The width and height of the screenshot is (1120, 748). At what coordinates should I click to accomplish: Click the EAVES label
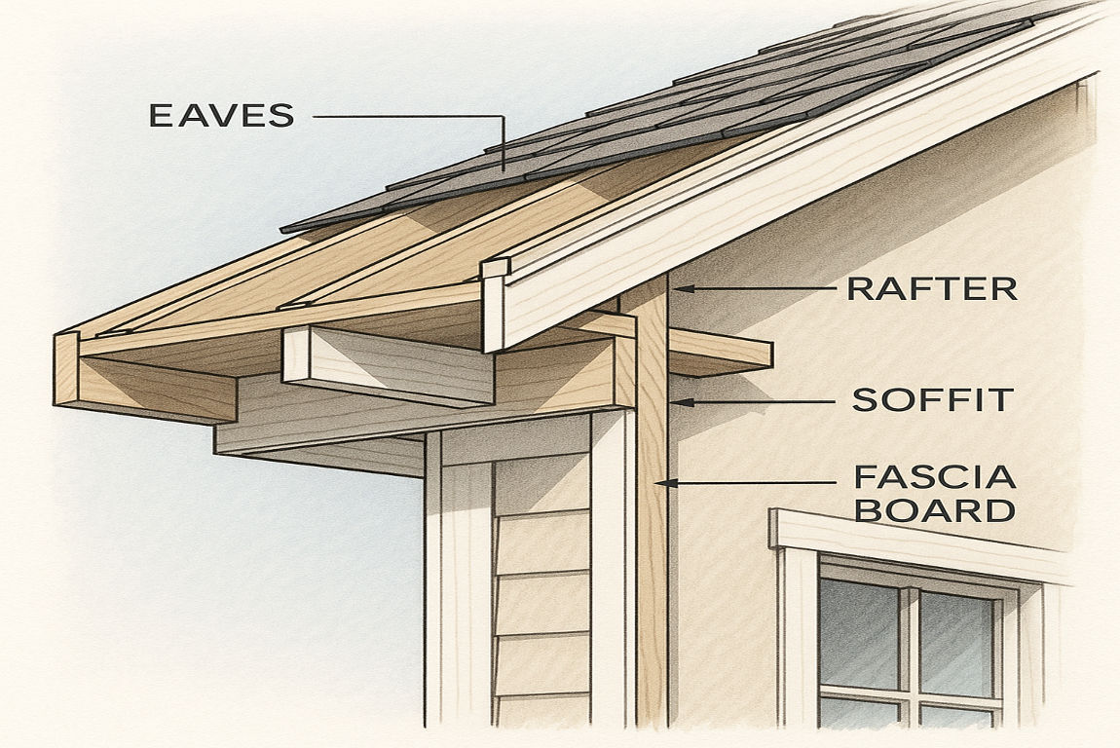tap(221, 115)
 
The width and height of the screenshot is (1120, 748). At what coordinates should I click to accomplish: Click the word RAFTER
tap(931, 288)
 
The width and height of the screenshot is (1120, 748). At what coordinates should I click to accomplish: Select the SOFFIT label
tap(933, 399)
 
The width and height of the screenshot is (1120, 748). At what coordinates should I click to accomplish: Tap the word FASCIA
tap(934, 477)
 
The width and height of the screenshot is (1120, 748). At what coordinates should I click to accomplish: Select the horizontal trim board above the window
tap(915, 542)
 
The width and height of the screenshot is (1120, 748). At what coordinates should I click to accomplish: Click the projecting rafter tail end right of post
tap(721, 354)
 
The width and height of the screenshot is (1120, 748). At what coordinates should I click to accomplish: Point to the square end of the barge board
tap(495, 307)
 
